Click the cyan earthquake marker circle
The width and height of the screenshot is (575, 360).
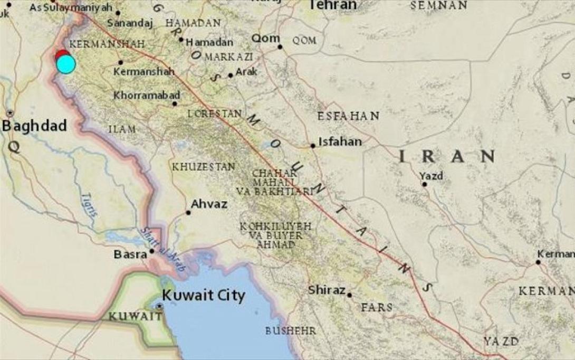coord(66,64)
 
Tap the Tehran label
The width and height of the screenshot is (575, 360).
coord(332,5)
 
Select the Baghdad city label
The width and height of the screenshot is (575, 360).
coord(34,126)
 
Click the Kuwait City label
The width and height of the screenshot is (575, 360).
coord(203,295)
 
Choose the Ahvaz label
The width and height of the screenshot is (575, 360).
coord(209,204)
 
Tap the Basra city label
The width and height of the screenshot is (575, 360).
coord(130,254)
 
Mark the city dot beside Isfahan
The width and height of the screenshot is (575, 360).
coord(313,146)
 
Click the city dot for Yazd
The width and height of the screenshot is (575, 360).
coord(425,184)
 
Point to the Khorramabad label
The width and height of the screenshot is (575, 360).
coord(147,96)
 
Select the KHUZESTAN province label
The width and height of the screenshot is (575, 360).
coord(203,167)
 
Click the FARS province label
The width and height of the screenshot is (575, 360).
coord(377,307)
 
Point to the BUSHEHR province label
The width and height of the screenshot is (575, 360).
coord(291,331)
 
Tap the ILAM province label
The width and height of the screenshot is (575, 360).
coord(122,129)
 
